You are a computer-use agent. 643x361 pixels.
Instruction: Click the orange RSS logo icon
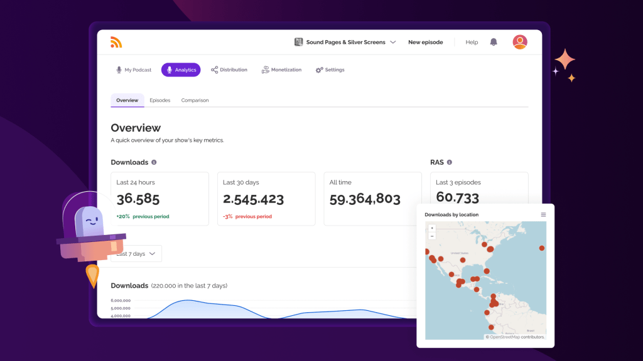pos(116,42)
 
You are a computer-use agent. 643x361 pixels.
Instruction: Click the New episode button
pos(425,42)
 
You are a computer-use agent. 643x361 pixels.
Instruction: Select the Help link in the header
pos(472,42)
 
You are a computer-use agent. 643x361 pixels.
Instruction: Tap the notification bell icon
pos(494,42)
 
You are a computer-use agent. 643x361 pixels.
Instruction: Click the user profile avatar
pos(519,42)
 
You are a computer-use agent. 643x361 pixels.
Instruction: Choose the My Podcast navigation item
pos(133,70)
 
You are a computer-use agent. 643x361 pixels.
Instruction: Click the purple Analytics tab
pos(181,70)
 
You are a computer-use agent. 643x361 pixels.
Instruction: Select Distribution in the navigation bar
pos(229,70)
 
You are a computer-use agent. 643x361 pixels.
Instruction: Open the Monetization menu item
pos(281,70)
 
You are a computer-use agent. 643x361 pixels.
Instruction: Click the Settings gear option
pos(330,70)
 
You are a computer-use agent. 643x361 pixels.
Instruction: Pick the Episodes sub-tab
pos(159,100)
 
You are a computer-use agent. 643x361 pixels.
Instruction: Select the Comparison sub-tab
pos(195,100)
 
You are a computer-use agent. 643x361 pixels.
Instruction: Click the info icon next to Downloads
pos(154,162)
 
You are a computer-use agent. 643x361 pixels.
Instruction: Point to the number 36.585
pos(138,199)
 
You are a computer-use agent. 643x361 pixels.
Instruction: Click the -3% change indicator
pos(227,217)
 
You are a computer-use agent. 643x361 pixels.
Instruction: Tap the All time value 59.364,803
pos(365,199)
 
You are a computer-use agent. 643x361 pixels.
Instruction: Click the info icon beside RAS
pos(450,162)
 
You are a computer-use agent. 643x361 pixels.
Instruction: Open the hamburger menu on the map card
pos(543,214)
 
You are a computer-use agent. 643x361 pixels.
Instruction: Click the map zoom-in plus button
pos(432,228)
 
